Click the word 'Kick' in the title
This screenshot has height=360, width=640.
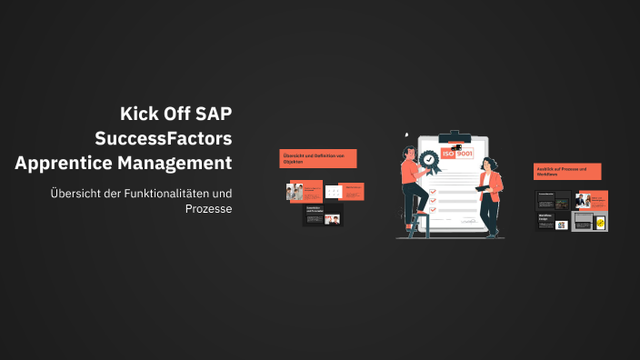[138, 114]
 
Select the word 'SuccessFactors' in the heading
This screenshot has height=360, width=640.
[164, 138]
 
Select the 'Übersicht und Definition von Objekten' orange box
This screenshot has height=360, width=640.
[317, 159]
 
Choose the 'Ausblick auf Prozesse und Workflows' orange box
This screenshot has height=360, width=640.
[567, 172]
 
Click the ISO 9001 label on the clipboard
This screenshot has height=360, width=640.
[457, 155]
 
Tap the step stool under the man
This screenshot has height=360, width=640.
[421, 225]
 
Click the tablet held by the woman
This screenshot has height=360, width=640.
[482, 188]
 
